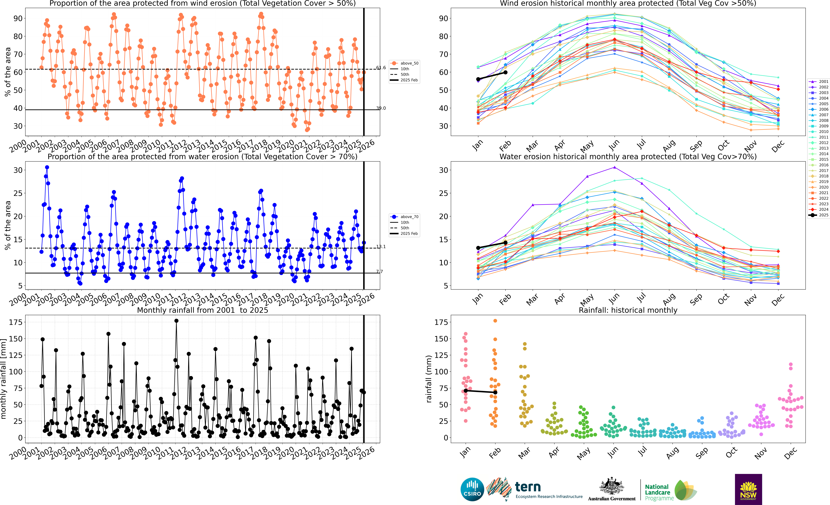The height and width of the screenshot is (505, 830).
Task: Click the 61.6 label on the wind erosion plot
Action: point(381,68)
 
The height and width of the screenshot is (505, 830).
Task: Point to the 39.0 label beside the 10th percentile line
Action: point(381,108)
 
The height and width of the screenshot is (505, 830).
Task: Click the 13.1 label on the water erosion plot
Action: point(381,247)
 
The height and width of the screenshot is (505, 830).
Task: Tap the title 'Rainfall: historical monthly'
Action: point(628,310)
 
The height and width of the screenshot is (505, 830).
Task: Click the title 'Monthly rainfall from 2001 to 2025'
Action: point(202,310)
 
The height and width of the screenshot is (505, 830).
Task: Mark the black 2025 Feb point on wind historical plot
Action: point(505,72)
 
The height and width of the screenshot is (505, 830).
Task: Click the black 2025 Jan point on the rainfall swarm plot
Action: point(466,391)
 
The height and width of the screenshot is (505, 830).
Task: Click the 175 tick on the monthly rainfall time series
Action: point(15,322)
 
